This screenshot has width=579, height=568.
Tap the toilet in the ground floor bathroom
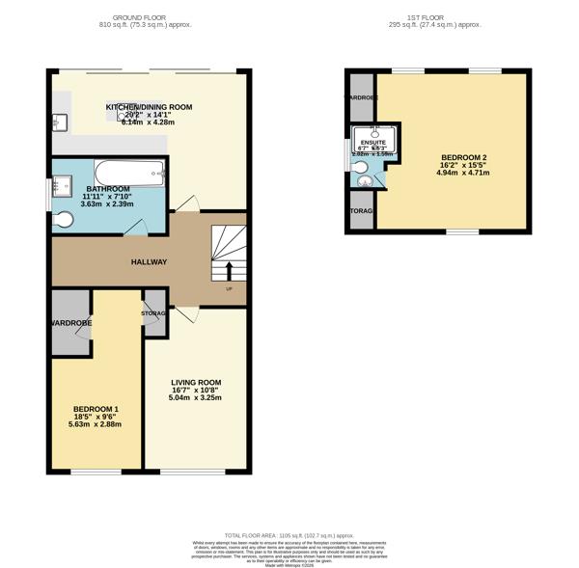tap(64, 221)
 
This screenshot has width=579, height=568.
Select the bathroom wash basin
tap(62, 182)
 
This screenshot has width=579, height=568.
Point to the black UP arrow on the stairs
tap(229, 270)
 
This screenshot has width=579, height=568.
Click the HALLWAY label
tap(150, 261)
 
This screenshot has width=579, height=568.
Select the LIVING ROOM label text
tap(196, 382)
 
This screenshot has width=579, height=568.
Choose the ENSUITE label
tap(372, 141)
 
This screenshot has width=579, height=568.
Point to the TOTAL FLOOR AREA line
tap(289, 534)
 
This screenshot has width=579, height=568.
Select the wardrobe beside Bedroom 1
tap(71, 324)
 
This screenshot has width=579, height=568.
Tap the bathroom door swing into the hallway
tap(136, 228)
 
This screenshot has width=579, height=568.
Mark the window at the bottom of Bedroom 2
tap(462, 231)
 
